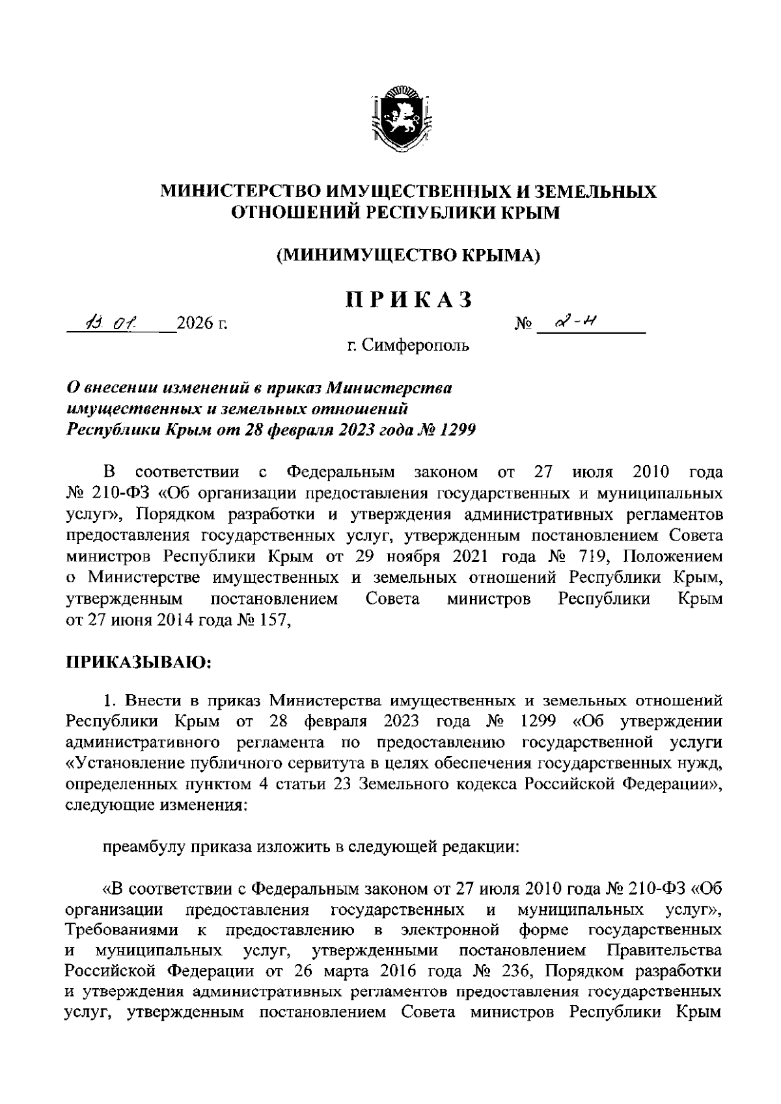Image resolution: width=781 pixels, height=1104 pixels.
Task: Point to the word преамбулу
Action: click(x=143, y=847)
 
